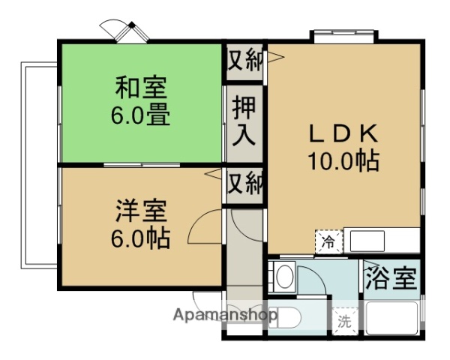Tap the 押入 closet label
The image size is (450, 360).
pos(244,121)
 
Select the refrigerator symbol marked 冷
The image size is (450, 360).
pos(328,241)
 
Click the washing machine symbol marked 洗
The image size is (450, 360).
pos(343,322)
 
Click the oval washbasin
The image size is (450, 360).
pos(283,277)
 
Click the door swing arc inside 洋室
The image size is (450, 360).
pos(203,226)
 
